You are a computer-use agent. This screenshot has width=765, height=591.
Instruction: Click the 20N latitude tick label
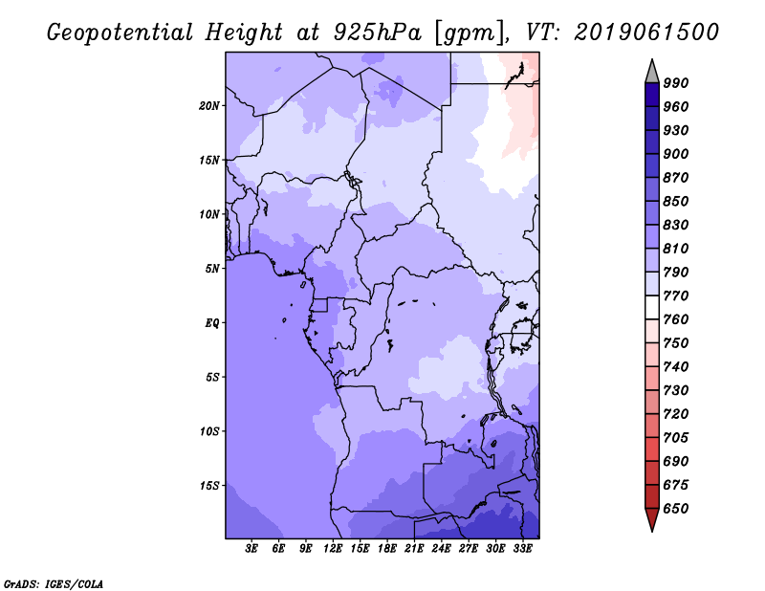tap(209, 105)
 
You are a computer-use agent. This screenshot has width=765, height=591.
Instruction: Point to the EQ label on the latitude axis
tap(211, 322)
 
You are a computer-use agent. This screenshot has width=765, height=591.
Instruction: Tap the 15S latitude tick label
tap(209, 485)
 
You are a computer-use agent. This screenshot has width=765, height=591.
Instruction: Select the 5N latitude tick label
tap(212, 268)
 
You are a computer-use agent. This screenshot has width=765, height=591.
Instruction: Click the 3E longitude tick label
tap(252, 549)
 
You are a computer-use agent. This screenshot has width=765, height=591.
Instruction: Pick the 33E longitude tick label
tap(522, 549)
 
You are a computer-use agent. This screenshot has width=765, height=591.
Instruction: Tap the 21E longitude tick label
tap(414, 549)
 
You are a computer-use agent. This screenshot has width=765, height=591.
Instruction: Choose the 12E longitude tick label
tap(333, 549)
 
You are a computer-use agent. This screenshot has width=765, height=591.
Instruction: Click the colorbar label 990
tap(676, 83)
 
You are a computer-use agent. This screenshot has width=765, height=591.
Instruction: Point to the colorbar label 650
tap(676, 509)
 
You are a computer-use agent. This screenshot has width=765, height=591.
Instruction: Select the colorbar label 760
tap(676, 319)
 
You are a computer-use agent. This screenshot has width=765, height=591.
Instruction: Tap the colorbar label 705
tap(676, 438)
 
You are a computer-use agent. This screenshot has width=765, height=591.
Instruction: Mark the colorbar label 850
tap(676, 202)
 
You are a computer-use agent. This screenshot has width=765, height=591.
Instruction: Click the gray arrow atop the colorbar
tap(652, 71)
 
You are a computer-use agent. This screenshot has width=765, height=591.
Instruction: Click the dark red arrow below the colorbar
tap(652, 519)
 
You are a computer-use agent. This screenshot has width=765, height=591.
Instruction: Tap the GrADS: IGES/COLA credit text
tap(53, 582)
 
